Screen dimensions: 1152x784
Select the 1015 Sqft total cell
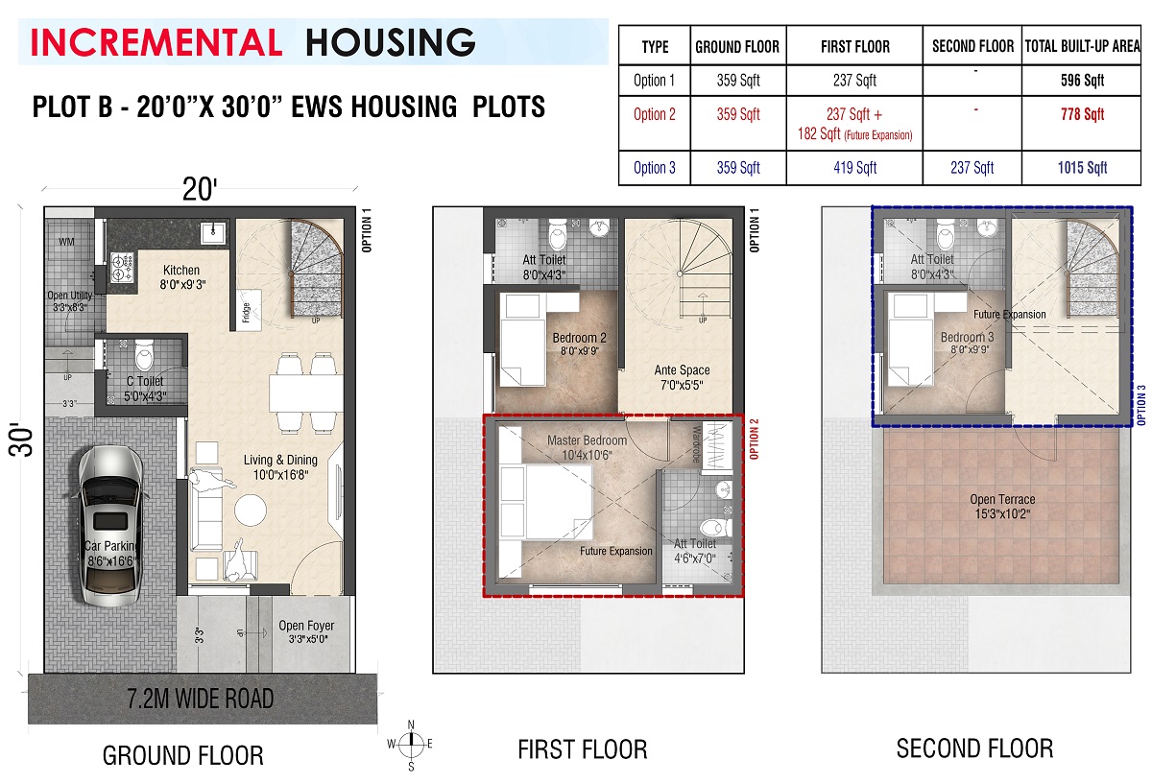coord(1082,168)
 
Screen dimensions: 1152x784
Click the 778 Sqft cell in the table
coord(1082,114)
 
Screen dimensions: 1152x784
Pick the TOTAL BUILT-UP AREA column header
coord(1082,46)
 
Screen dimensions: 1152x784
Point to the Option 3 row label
coord(654,168)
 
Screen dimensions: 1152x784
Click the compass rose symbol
coord(411,745)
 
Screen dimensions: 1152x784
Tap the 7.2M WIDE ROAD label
coord(201,699)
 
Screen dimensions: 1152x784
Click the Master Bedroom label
coord(587,440)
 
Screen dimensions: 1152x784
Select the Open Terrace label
coord(1002,499)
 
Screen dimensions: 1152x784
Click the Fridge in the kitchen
coord(249,308)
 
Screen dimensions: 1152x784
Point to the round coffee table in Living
coord(251,510)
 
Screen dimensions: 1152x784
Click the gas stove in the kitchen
coord(123,268)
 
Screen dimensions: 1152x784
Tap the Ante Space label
coord(682,370)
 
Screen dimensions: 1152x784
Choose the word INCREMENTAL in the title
coord(156,42)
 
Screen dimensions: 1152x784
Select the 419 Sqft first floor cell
coord(854,168)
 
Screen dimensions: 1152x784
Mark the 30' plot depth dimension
coord(20,440)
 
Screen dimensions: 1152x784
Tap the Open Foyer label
coord(306,626)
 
